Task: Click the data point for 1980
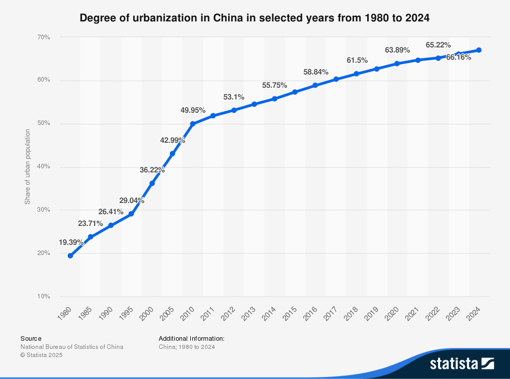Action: [x=70, y=256]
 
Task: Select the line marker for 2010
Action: [x=193, y=124]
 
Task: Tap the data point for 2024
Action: [x=479, y=50]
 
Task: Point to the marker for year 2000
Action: [x=152, y=183]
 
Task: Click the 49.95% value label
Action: [x=193, y=110]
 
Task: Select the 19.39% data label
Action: [x=71, y=242]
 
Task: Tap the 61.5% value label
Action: [x=357, y=60]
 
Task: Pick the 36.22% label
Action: [x=152, y=170]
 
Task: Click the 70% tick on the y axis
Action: [x=43, y=37]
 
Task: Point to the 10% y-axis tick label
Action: [x=43, y=296]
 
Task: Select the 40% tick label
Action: [x=43, y=167]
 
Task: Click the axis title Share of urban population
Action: [x=28, y=167]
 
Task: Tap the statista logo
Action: [x=462, y=363]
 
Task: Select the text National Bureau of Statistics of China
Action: [x=72, y=347]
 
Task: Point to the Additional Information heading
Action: [x=192, y=338]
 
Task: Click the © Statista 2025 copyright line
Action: [x=41, y=355]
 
